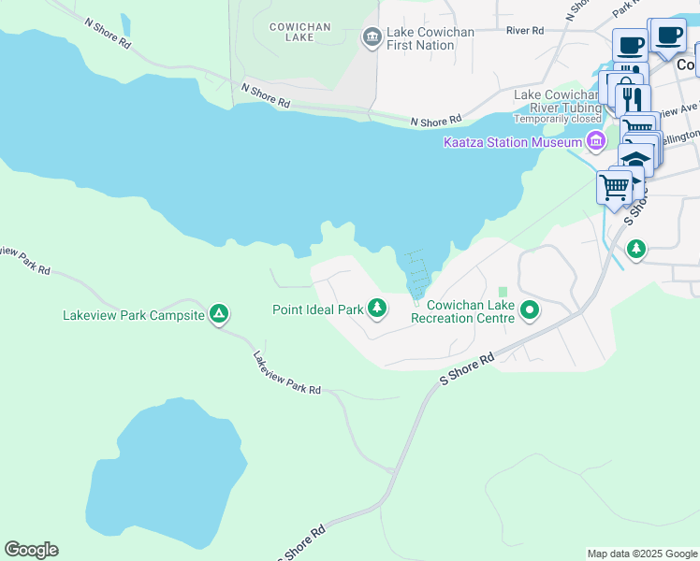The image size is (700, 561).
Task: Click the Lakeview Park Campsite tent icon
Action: click(x=218, y=315)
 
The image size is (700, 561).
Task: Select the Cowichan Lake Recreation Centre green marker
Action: click(x=530, y=309)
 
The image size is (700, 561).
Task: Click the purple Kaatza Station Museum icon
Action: click(x=594, y=142)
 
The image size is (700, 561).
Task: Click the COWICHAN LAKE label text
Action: click(x=299, y=33)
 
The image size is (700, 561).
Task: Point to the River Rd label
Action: click(x=525, y=30)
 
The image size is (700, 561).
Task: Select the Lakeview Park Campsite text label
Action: click(x=133, y=315)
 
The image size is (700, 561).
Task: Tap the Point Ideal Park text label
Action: click(x=317, y=309)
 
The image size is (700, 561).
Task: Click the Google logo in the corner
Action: click(x=31, y=550)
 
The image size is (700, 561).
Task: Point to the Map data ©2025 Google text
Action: click(x=641, y=554)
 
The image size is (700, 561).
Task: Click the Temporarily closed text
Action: click(x=556, y=119)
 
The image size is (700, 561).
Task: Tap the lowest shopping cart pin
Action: click(x=614, y=187)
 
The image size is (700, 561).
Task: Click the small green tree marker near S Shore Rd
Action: click(x=636, y=249)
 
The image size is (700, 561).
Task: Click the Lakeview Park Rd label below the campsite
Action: click(x=286, y=372)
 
